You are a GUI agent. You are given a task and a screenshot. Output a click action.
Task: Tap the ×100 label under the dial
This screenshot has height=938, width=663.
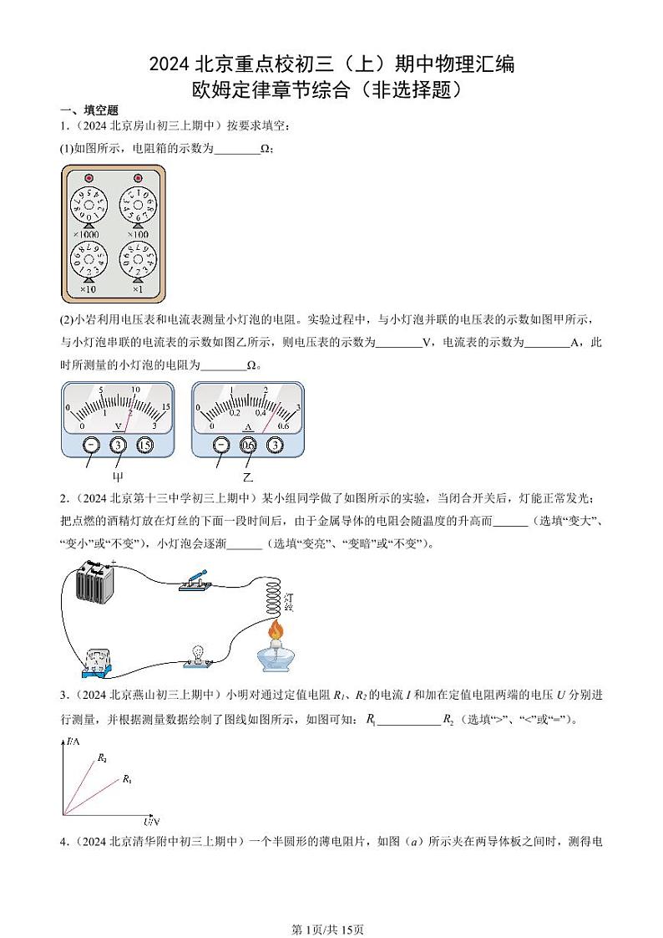[x=136, y=235]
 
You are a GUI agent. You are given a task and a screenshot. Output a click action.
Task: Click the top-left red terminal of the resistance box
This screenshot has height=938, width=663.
[x=88, y=178]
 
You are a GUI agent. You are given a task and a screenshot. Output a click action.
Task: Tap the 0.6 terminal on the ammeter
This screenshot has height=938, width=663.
[x=248, y=446]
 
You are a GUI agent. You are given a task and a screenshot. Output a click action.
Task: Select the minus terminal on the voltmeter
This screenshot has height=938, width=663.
[x=90, y=446]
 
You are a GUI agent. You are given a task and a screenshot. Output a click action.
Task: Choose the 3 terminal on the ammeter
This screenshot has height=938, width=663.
[x=273, y=446]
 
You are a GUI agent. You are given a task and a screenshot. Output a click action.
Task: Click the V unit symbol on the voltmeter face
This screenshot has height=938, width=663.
[x=118, y=426]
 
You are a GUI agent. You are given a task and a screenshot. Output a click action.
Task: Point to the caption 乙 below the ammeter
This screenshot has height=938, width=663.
[x=247, y=477]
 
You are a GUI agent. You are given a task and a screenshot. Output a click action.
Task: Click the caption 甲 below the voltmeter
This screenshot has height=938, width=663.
[x=118, y=477]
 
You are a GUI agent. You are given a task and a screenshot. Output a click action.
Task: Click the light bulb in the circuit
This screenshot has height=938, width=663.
[x=199, y=651]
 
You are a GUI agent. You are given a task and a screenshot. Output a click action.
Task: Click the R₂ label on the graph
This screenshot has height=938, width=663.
[x=101, y=758]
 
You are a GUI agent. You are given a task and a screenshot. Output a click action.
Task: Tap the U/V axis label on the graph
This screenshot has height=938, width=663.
[x=150, y=821]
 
